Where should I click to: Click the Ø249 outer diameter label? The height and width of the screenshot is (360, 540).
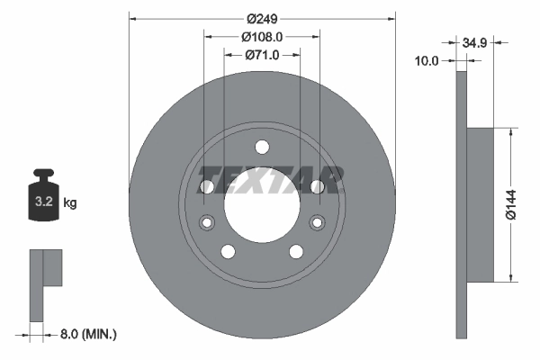coord(262,19)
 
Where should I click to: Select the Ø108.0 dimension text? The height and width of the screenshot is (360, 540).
coord(262,37)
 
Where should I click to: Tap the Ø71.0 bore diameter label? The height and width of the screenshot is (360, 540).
coord(262,55)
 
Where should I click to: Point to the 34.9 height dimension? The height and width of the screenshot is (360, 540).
coord(478,42)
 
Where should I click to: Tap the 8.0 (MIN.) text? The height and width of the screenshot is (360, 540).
coord(86,334)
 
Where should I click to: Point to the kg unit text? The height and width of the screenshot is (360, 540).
coord(70,203)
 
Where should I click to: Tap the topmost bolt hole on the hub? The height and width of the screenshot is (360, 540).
coord(262,148)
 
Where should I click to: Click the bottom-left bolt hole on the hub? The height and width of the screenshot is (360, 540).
coord(229,251)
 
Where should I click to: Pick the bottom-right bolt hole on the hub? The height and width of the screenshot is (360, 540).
coord(295,251)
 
